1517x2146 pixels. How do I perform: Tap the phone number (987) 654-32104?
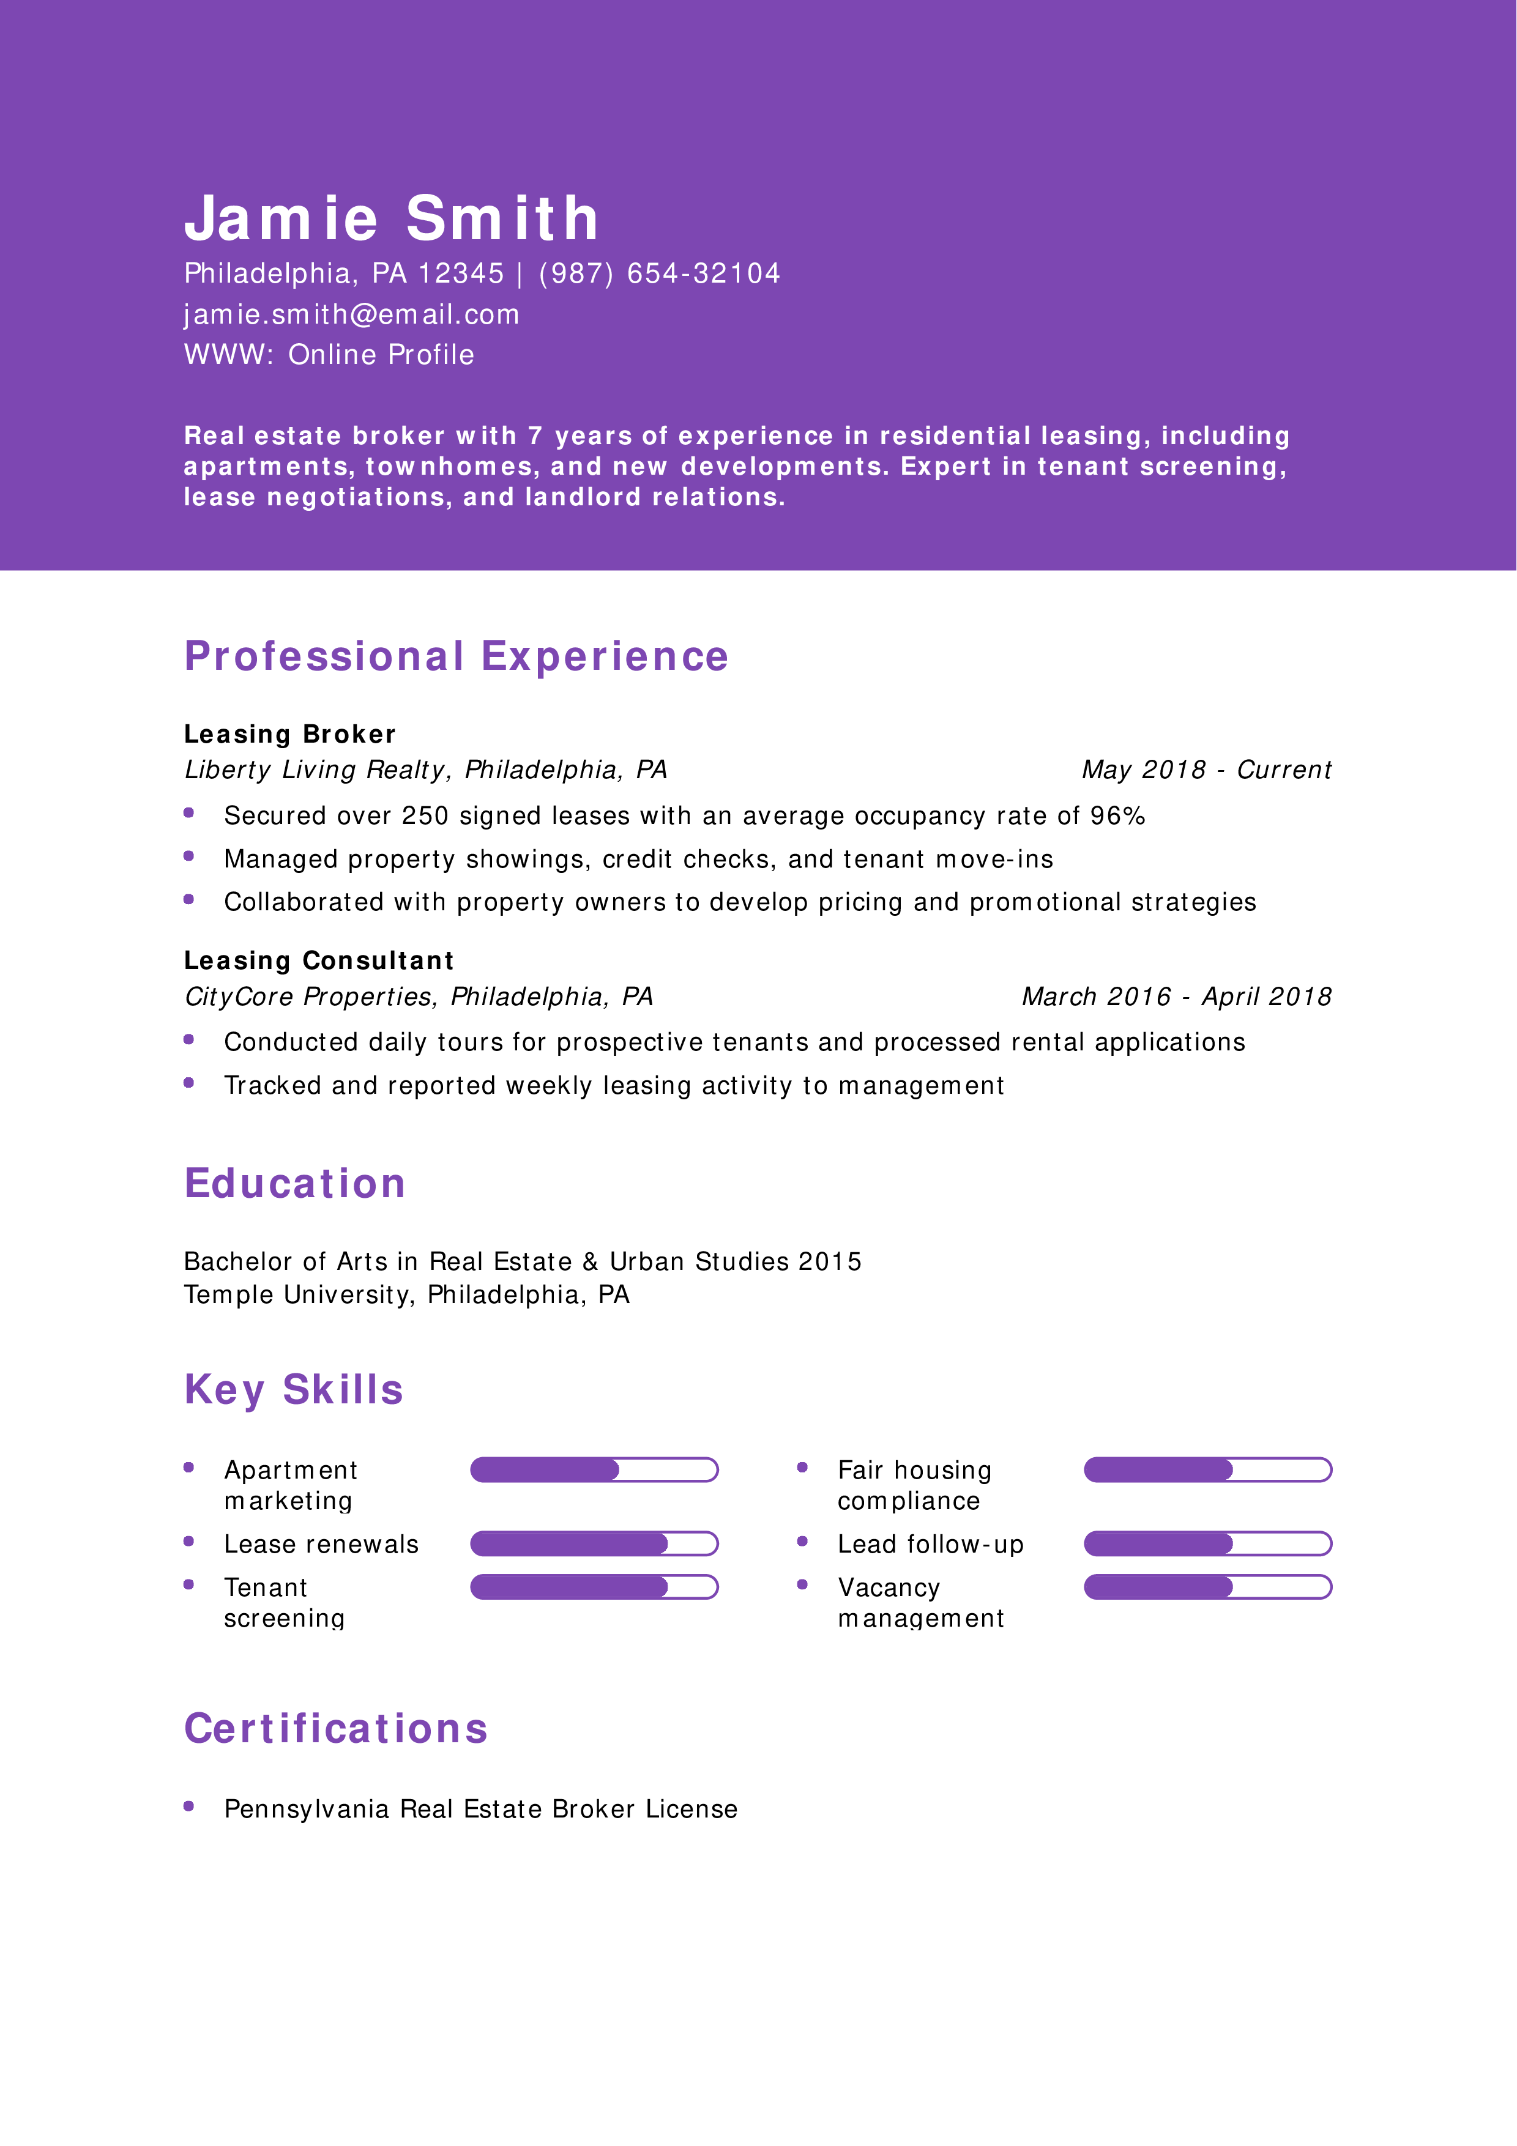tap(659, 274)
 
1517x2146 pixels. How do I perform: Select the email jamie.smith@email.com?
tap(351, 315)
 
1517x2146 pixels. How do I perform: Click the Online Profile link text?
tap(381, 355)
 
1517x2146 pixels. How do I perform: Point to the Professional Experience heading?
tap(456, 656)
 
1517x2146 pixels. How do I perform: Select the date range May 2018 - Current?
tap(1206, 770)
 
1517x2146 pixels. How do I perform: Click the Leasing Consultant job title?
tap(319, 961)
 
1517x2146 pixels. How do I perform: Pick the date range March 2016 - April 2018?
tap(1176, 997)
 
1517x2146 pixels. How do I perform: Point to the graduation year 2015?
tap(830, 1262)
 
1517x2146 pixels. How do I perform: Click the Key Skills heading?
tap(294, 1390)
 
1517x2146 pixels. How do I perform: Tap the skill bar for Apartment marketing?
tap(594, 1470)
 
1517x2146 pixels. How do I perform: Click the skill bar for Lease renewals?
tap(594, 1544)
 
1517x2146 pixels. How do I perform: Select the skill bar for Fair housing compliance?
tap(1207, 1470)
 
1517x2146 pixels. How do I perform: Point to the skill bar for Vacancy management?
tap(1207, 1587)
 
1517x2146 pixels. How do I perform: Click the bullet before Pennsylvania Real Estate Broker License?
tap(189, 1806)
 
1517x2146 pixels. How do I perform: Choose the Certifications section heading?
tap(335, 1729)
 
